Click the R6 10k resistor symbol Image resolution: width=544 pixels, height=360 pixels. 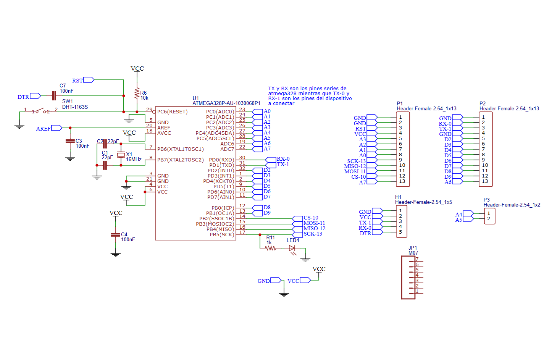[x=137, y=93]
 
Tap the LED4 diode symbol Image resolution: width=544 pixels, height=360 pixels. [x=292, y=248]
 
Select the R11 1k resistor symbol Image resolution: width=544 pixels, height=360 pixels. [x=270, y=248]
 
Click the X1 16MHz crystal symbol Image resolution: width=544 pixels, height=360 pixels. [x=121, y=154]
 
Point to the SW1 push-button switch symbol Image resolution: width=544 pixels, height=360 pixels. [x=40, y=111]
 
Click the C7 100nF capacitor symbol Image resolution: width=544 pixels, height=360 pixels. [x=54, y=96]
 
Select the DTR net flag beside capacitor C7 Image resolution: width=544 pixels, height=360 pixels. [x=35, y=96]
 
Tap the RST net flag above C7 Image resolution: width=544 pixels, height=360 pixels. [x=89, y=80]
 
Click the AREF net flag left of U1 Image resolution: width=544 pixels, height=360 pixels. [x=56, y=128]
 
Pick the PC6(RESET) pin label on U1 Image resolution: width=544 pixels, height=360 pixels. [x=172, y=112]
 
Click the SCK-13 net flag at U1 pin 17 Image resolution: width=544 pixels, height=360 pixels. [x=297, y=234]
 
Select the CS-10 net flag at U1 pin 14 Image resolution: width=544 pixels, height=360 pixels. [x=297, y=218]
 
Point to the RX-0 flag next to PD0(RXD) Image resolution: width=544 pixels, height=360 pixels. [x=270, y=160]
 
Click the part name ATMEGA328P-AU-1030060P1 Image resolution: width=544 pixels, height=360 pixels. [x=226, y=103]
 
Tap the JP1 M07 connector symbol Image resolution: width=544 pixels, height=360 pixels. [x=408, y=277]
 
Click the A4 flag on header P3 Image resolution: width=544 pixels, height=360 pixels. [x=468, y=214]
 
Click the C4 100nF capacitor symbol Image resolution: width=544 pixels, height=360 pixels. [x=116, y=235]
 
